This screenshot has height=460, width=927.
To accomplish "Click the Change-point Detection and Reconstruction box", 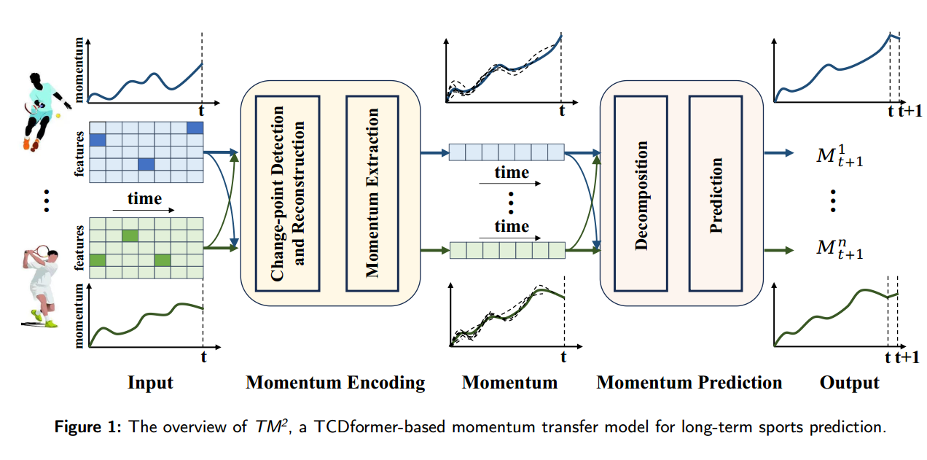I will pyautogui.click(x=287, y=192).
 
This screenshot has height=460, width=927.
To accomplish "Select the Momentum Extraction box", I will pyautogui.click(x=373, y=192).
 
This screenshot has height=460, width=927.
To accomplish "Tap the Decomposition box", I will pyautogui.click(x=641, y=192).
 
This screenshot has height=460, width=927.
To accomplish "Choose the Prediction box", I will pyautogui.click(x=716, y=192).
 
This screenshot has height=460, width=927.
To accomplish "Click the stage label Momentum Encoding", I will pyautogui.click(x=335, y=383).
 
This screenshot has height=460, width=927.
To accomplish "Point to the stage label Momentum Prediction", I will pyautogui.click(x=689, y=383).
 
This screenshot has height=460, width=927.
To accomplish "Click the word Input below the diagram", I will pyautogui.click(x=150, y=383).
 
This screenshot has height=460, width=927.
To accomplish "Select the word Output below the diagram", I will pyautogui.click(x=849, y=383).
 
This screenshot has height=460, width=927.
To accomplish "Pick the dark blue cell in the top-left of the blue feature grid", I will pyautogui.click(x=97, y=140).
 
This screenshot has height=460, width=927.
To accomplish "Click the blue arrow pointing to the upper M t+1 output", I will pyautogui.click(x=778, y=153).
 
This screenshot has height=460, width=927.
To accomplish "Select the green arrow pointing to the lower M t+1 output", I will pyautogui.click(x=778, y=250).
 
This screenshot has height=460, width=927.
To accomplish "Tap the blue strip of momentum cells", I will pyautogui.click(x=506, y=152).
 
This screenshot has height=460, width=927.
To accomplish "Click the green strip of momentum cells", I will pyautogui.click(x=506, y=251).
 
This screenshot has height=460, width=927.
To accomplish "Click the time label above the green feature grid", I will pyautogui.click(x=144, y=199).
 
